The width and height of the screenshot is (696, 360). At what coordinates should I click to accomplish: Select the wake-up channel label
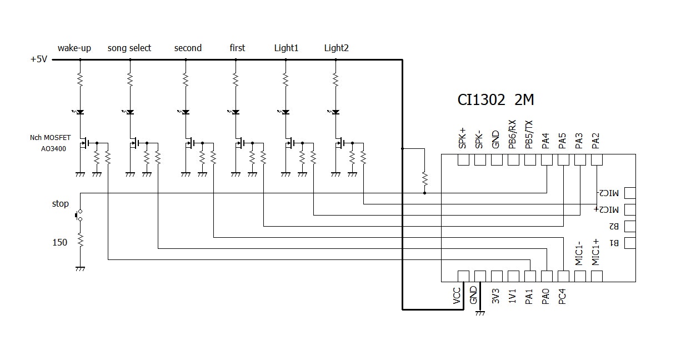pyautogui.click(x=74, y=48)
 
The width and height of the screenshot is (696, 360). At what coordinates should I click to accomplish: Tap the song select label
pyautogui.click(x=129, y=48)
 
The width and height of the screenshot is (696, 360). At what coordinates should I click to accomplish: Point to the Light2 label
pyautogui.click(x=336, y=48)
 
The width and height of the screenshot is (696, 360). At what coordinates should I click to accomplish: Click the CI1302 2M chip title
pyautogui.click(x=495, y=100)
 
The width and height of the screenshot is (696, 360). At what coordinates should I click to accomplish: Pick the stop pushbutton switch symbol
pyautogui.click(x=79, y=215)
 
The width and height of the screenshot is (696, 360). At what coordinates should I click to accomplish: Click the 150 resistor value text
pyautogui.click(x=59, y=242)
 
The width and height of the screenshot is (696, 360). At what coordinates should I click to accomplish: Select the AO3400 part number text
pyautogui.click(x=53, y=149)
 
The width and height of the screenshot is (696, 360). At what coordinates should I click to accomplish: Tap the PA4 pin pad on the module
pyautogui.click(x=547, y=160)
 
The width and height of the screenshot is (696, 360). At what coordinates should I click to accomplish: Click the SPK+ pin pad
pyautogui.click(x=463, y=160)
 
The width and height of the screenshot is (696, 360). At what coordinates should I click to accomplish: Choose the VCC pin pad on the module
pyautogui.click(x=463, y=276)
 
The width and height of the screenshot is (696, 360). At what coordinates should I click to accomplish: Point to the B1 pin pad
pyautogui.click(x=629, y=243)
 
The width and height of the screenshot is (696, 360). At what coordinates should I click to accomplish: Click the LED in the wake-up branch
pyautogui.click(x=79, y=112)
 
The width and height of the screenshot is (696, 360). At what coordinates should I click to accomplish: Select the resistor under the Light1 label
pyautogui.click(x=286, y=80)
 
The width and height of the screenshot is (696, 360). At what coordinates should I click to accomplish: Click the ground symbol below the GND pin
pyautogui.click(x=480, y=313)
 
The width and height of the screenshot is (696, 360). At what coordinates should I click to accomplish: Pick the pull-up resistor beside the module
pyautogui.click(x=424, y=178)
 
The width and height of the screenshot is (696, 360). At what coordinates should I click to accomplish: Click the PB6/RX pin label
pyautogui.click(x=513, y=134)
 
